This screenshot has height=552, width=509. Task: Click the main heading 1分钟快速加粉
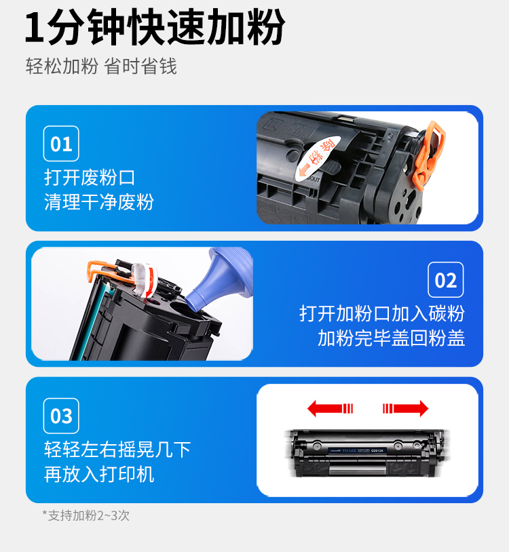155,27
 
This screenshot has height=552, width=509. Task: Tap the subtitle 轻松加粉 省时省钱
101,66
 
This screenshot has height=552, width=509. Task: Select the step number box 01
61,144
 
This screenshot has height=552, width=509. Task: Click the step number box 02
446,280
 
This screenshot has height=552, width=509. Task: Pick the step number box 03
61,416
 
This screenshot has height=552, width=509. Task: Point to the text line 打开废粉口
90,177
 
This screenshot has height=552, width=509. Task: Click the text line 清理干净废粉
99,202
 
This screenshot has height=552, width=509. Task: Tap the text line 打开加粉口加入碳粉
382,313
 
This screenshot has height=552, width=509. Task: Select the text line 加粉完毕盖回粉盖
392,338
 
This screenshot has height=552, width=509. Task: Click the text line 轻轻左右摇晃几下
117,450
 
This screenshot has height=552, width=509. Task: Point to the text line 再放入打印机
99,474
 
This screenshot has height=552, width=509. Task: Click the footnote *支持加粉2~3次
86,515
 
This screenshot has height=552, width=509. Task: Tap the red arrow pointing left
330,408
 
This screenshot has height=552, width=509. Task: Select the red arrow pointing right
405,408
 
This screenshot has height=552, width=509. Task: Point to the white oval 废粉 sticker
317,159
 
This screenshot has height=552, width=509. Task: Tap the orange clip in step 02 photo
109,271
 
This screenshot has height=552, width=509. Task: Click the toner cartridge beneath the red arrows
367,453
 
